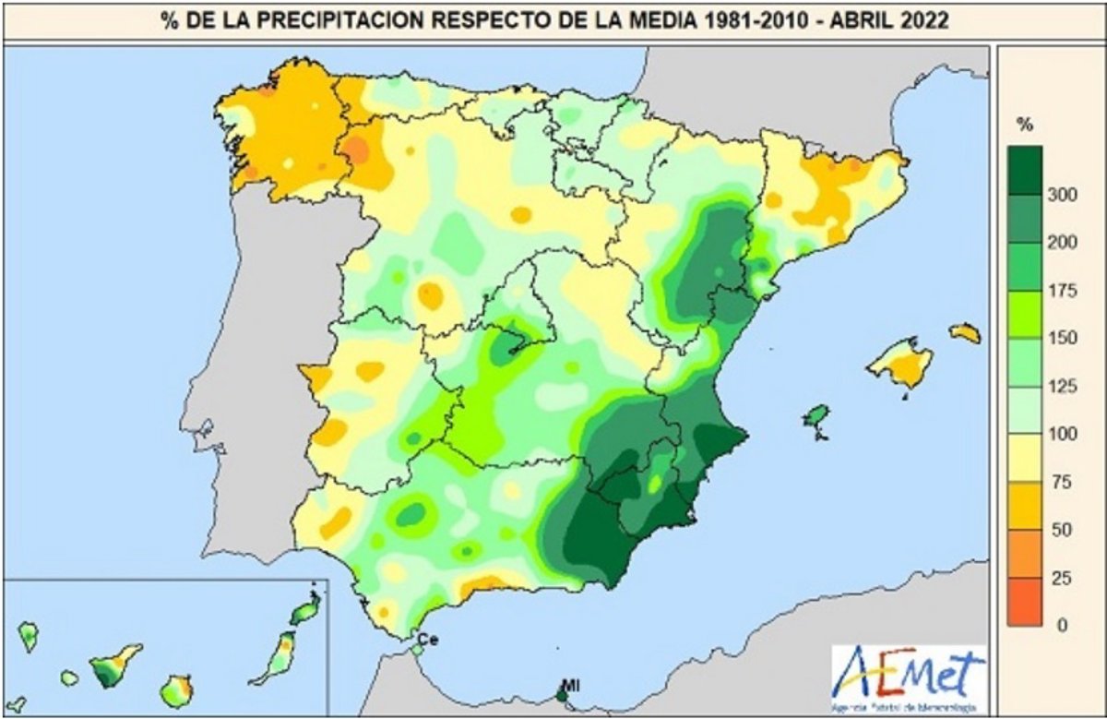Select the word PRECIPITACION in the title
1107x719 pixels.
[x=329, y=20]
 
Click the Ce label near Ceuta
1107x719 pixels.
[x=427, y=639]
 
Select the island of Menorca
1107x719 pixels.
[x=965, y=332]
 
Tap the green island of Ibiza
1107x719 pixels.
[x=815, y=418]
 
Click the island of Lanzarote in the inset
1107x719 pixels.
[x=305, y=611]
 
